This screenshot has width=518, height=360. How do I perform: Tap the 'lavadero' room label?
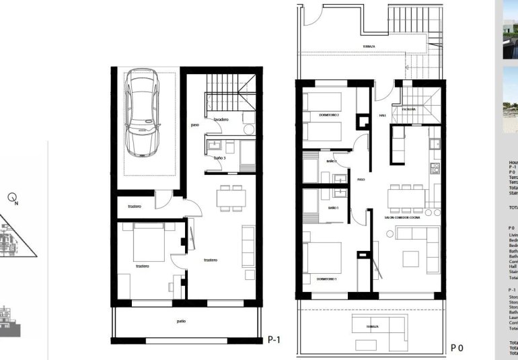(223, 120)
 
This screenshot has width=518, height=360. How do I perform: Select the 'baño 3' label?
(219, 157)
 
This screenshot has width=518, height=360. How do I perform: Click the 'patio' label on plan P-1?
(181, 322)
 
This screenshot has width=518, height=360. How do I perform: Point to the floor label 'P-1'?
(274, 340)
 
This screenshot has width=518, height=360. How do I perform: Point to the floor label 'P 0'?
(457, 348)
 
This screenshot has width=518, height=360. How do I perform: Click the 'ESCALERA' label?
(408, 109)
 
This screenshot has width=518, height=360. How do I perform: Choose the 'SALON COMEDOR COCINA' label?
(402, 217)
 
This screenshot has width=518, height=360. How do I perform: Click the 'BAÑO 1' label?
(333, 209)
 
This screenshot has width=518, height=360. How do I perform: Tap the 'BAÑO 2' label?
(332, 161)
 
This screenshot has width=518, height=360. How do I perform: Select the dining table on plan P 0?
(406, 198)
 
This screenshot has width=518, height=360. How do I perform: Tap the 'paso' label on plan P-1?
(194, 124)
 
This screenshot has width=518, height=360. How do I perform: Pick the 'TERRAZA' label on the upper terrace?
(369, 46)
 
